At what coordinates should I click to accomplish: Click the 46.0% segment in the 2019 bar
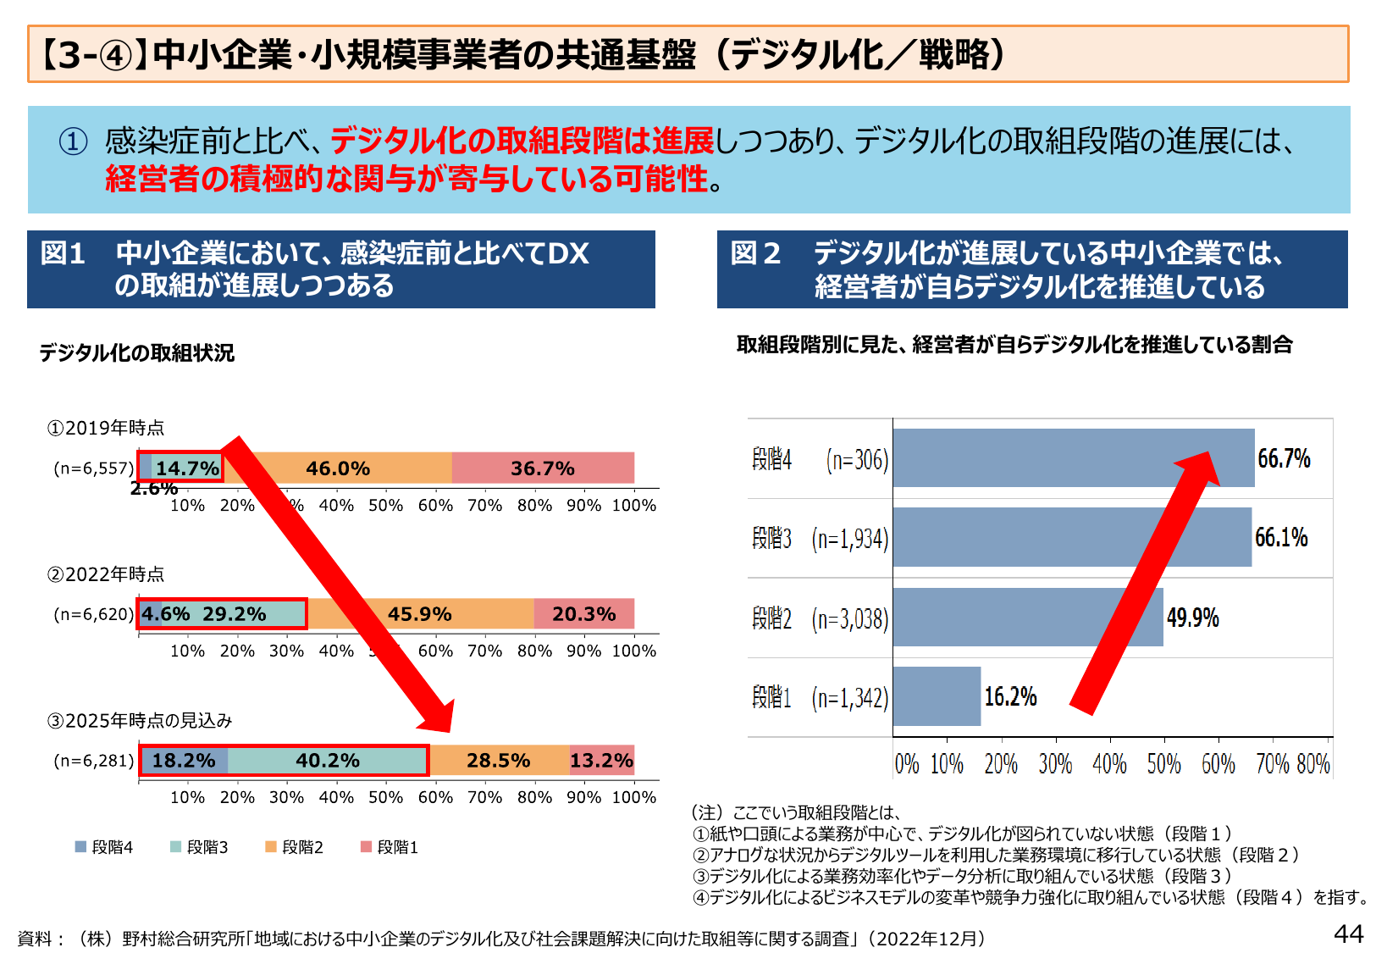338,468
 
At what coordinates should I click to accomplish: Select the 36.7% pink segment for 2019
542,468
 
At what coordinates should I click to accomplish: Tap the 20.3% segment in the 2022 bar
583,614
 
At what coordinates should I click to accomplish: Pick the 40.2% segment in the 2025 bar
328,761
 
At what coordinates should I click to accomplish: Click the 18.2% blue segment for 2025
184,761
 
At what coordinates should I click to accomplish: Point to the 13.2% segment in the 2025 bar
601,761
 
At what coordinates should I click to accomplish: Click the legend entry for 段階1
390,847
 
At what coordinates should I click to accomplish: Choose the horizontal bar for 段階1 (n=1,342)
937,696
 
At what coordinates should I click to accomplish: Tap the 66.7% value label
1284,458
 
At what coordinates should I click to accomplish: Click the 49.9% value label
1192,618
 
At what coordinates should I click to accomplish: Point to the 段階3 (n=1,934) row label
820,539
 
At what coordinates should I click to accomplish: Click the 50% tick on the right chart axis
1163,764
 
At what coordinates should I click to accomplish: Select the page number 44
1348,934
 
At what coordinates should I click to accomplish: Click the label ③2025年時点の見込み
140,721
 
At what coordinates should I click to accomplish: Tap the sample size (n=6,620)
94,614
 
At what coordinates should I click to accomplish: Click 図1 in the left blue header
64,253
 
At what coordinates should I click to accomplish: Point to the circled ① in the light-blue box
74,141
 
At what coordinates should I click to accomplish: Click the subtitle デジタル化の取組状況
136,352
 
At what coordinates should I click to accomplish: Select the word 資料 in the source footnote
35,939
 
